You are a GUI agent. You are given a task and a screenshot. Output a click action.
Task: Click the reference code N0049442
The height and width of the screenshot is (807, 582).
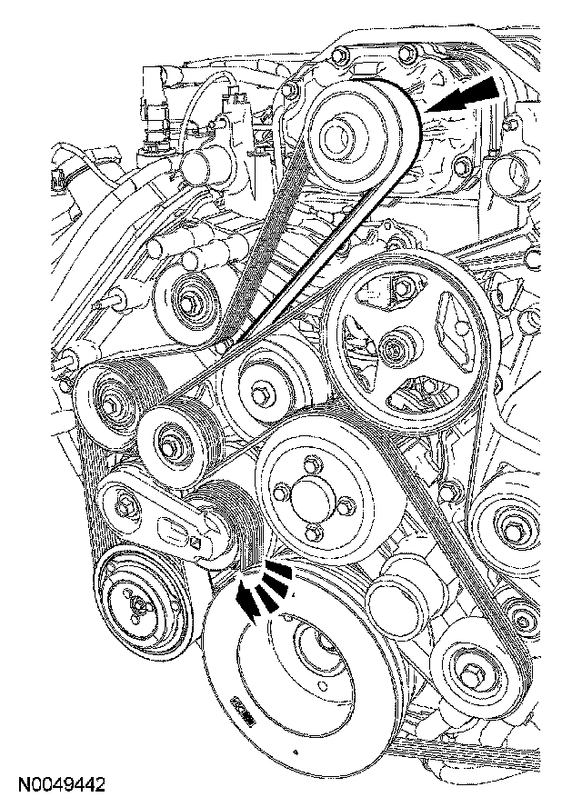coord(60,782)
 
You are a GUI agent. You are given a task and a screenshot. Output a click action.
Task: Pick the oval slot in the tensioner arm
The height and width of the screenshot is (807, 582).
coord(172,527)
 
